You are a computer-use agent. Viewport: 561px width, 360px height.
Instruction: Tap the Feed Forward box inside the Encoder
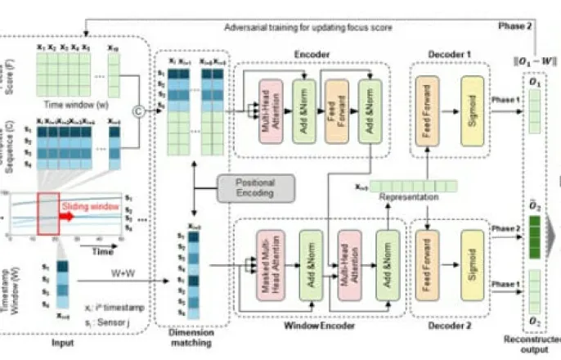click(336, 112)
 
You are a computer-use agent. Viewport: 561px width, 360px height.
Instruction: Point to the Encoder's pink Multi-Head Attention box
click(270, 112)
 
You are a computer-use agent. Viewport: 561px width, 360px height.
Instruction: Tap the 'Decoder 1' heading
click(449, 54)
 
